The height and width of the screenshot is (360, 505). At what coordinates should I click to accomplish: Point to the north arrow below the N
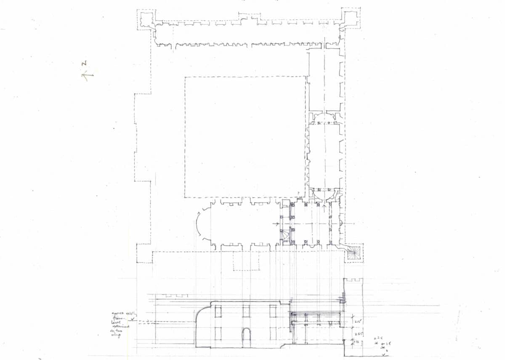pyautogui.click(x=88, y=76)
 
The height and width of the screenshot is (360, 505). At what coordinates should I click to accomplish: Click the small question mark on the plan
pyautogui.click(x=298, y=193)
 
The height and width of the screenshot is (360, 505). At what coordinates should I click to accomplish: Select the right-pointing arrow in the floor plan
pyautogui.click(x=279, y=224)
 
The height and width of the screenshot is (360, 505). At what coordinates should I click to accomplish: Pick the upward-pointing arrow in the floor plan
pyautogui.click(x=324, y=206)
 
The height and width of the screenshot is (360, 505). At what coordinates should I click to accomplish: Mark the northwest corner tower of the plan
pyautogui.click(x=146, y=19)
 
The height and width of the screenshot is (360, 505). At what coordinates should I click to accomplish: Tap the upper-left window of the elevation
pyautogui.click(x=218, y=311)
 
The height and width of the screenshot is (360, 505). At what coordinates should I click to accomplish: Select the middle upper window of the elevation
pyautogui.click(x=246, y=311)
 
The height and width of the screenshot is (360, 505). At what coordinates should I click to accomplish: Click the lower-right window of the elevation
pyautogui.click(x=273, y=333)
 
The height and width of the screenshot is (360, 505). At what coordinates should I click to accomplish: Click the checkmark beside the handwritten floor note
pyautogui.click(x=133, y=319)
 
